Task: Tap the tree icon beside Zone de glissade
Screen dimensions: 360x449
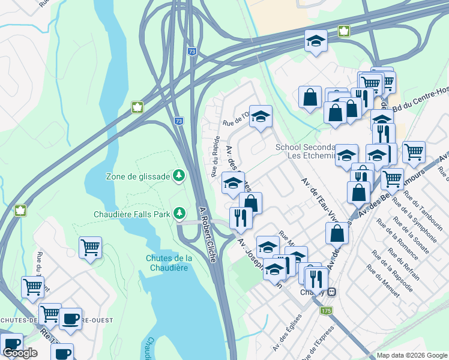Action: coord(179,175)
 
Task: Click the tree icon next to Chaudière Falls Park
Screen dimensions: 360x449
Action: coord(179,213)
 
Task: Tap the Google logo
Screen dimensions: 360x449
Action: coord(20,353)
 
